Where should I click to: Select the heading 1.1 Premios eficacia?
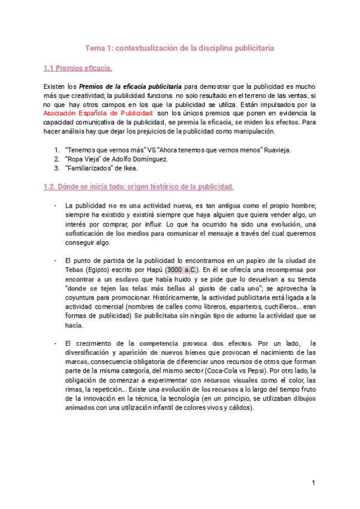78,68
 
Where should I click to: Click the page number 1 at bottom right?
313,483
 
